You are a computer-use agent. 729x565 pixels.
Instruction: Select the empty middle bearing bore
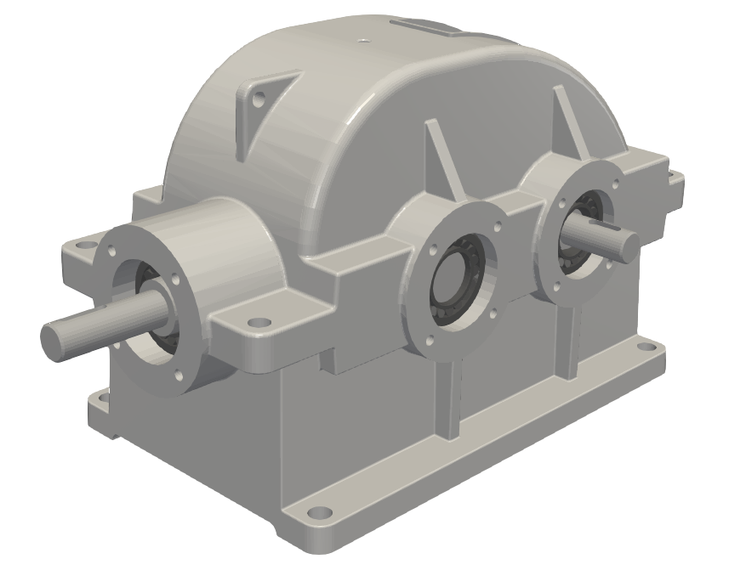[458, 280]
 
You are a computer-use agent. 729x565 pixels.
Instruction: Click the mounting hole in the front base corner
[319, 513]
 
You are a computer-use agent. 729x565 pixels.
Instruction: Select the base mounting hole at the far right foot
[658, 347]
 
